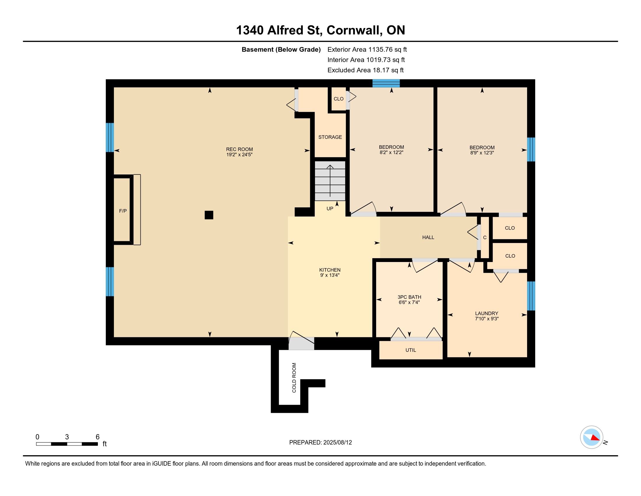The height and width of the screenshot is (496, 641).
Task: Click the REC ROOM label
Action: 239,149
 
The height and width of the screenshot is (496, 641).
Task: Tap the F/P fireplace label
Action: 123,211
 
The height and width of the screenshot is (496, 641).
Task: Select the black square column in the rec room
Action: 209,215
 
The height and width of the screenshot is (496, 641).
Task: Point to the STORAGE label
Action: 330,137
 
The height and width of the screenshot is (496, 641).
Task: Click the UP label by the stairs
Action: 330,209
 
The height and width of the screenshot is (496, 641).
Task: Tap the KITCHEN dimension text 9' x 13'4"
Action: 330,275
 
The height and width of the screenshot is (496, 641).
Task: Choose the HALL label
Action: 428,237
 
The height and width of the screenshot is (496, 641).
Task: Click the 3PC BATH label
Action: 409,297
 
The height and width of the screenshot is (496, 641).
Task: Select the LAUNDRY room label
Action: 487,313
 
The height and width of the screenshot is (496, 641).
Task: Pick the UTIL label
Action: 411,350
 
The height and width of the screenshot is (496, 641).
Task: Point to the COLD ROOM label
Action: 294,378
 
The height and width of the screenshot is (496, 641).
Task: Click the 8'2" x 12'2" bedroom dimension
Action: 391,153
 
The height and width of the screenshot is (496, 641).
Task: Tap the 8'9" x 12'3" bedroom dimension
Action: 482,153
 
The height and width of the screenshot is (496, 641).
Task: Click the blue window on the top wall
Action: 386,83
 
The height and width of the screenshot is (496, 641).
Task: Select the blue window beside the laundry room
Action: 531,296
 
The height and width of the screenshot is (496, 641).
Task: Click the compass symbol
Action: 591,437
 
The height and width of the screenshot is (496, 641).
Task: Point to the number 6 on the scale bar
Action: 98,437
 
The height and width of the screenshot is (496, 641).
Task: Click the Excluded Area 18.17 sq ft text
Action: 365,70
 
